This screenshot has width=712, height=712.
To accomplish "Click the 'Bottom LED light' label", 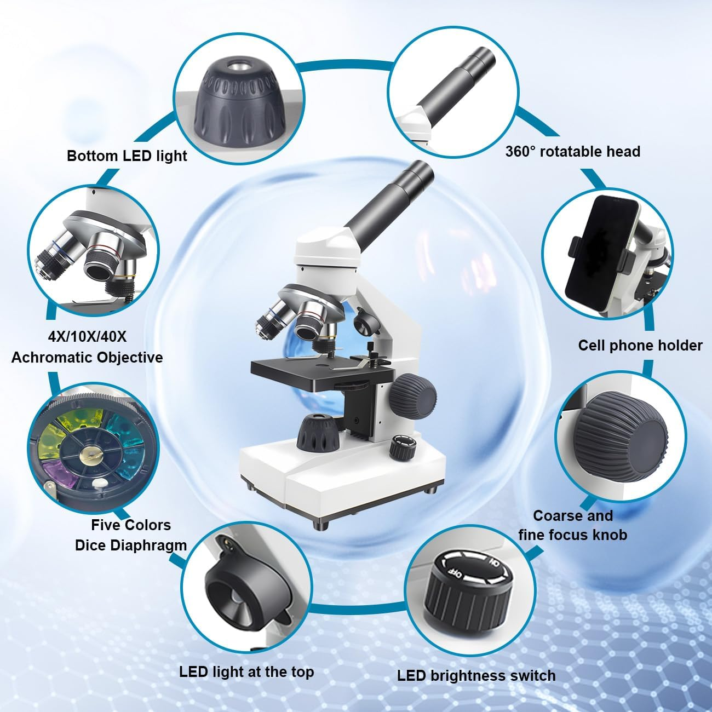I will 127,156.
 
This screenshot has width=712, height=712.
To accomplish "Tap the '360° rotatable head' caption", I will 572,151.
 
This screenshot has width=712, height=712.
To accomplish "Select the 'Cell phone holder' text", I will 640,345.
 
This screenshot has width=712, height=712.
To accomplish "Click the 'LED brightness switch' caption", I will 476,676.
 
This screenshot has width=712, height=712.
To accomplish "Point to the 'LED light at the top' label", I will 246,671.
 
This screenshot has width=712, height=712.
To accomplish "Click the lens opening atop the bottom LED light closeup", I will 240,68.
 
